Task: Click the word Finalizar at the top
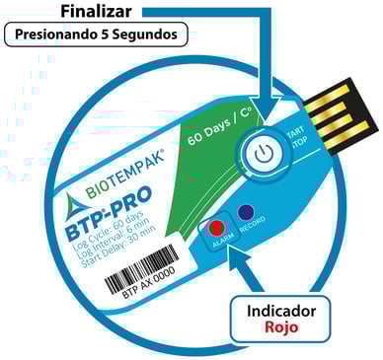[x=99, y=12]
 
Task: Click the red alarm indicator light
[x=216, y=229]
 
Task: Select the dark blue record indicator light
[x=246, y=212]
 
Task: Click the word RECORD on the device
[x=253, y=233]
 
